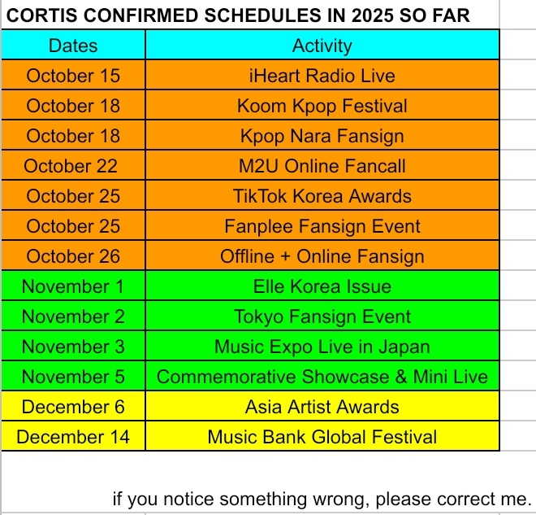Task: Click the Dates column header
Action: tap(73, 46)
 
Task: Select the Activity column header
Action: tap(322, 46)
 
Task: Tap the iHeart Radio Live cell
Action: tap(322, 76)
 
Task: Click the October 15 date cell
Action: tap(73, 76)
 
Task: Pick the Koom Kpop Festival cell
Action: tap(322, 106)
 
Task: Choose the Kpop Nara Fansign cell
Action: tap(322, 136)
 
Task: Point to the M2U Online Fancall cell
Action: tap(322, 166)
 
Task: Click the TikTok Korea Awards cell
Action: tap(322, 196)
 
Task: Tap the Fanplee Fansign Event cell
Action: tap(322, 226)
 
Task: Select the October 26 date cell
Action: tap(73, 256)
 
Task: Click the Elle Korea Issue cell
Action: tap(322, 286)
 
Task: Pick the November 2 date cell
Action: tap(73, 316)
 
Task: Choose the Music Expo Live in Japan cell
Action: tap(322, 347)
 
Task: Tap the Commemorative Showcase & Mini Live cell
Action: tap(322, 377)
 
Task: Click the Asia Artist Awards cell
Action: tap(322, 407)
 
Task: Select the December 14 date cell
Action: tap(73, 437)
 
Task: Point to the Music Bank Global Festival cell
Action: tap(322, 437)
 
